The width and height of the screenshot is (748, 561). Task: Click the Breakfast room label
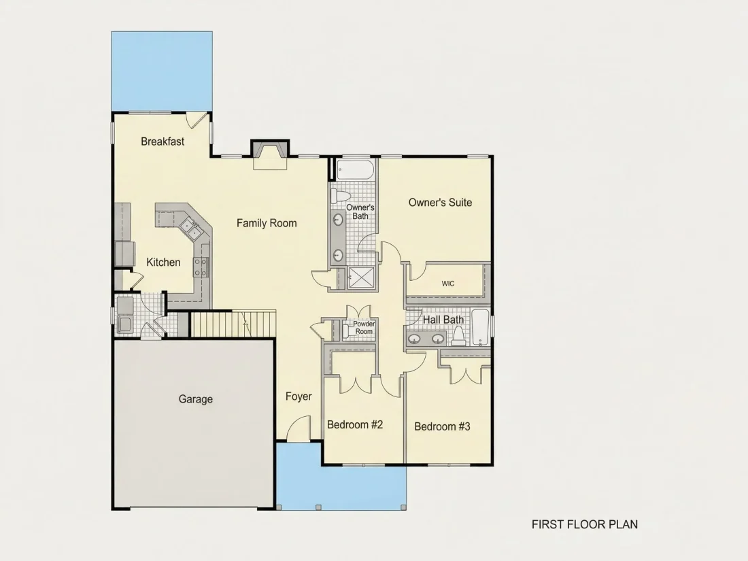[x=163, y=141]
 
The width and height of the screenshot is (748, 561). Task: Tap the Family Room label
[x=267, y=223]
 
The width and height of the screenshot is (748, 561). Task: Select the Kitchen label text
[x=163, y=262]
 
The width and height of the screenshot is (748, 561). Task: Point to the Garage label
[x=196, y=399]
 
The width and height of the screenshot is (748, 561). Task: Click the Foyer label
[x=299, y=396]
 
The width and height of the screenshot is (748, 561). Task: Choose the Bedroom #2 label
[x=355, y=424]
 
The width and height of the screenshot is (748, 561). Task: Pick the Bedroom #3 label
[x=442, y=426]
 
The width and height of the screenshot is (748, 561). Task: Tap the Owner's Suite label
[x=441, y=202]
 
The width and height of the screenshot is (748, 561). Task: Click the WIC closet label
[x=448, y=284]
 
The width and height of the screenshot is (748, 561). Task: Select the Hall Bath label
[x=443, y=320]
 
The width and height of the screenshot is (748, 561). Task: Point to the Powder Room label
[x=364, y=328]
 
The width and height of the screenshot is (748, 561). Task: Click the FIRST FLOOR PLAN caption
[x=585, y=525]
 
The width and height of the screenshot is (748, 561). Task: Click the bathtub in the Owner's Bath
[x=354, y=170]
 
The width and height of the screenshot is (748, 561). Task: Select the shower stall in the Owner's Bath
[x=361, y=277]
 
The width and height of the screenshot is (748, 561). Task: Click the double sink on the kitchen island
[x=190, y=228]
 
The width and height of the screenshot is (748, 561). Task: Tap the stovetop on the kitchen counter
[x=201, y=267]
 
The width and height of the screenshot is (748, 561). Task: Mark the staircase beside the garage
[x=233, y=324]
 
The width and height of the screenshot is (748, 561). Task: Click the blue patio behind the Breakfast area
[x=162, y=71]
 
